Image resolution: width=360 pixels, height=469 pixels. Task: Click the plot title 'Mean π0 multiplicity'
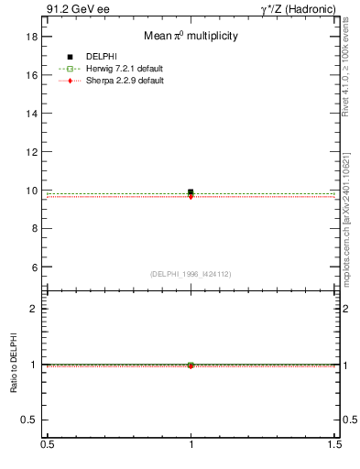[x=190, y=36]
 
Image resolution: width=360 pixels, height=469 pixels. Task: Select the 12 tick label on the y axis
[x=32, y=153]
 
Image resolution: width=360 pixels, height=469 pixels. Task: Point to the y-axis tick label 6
[x=35, y=267]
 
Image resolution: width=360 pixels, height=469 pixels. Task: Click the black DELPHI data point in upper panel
[x=191, y=192]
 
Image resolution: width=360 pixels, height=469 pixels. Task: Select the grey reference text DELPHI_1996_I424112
[x=190, y=274]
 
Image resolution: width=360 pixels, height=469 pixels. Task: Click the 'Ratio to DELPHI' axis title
[x=14, y=363]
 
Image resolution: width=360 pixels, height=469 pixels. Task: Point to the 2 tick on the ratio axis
[x=35, y=309]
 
